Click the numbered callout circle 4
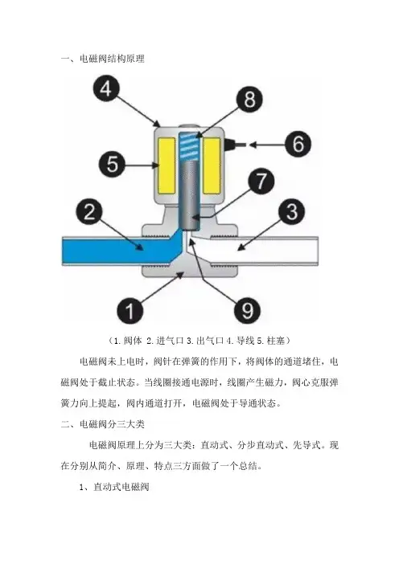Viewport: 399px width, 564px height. pos(106,88)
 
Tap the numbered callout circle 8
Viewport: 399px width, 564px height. pos(249,99)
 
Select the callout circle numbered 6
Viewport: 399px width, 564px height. pos(298,144)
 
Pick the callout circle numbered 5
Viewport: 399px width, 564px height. pos(112,165)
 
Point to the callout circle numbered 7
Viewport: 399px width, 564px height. pos(261,181)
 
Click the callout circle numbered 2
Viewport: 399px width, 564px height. pos(89,211)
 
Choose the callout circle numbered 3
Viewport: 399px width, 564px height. pos(292,211)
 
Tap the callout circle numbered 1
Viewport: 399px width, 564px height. pos(130,310)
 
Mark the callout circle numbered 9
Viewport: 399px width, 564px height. pos(248,310)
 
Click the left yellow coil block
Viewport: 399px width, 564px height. pos(167,165)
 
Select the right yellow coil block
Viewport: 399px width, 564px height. pos(212,165)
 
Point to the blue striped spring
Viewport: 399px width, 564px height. pos(188,147)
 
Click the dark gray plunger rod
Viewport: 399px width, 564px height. pos(189,195)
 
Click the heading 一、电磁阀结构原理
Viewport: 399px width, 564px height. pos(103,59)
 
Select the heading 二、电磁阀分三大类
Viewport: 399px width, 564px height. pos(103,424)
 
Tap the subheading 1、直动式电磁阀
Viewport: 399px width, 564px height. pos(114,487)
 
